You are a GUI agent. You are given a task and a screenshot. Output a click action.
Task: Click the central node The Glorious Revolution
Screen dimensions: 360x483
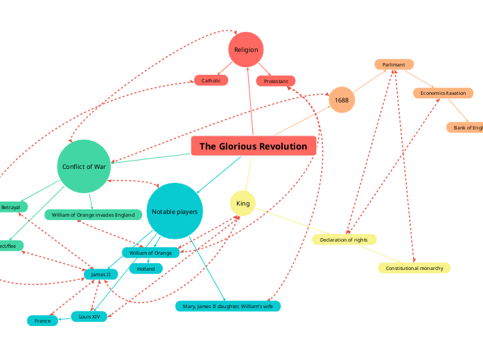[253, 146]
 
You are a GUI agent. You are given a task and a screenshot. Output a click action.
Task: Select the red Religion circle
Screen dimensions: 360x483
[246, 50]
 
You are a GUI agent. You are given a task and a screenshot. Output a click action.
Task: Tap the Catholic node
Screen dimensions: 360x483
[211, 80]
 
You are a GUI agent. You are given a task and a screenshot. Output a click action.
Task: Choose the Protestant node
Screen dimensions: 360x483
[276, 81]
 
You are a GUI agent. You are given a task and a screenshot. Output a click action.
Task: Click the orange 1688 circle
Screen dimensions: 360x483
[342, 100]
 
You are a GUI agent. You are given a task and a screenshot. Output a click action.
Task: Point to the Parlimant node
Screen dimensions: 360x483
[394, 64]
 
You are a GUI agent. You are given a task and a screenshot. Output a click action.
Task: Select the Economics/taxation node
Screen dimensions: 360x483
[443, 93]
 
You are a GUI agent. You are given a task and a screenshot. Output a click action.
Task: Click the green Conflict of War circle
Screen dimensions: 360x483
[84, 166]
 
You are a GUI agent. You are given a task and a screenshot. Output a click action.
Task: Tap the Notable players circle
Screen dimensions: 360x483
[175, 211]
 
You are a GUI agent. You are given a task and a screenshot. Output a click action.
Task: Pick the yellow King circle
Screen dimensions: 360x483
[243, 204]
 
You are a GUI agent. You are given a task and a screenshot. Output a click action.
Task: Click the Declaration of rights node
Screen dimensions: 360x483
[344, 240]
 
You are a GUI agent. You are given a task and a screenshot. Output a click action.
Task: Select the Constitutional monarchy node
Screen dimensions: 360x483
[414, 267]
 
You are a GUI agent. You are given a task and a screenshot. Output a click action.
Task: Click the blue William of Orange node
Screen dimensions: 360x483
[150, 253]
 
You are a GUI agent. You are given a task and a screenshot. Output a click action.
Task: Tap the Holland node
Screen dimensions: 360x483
[146, 269]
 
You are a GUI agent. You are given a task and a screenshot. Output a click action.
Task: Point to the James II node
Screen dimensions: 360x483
[100, 274]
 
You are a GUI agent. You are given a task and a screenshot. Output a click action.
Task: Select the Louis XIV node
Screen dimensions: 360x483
[89, 316]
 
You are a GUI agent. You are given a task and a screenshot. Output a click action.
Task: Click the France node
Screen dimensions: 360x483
[42, 321]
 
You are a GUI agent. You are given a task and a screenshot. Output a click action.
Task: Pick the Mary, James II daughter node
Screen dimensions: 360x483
[228, 305]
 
